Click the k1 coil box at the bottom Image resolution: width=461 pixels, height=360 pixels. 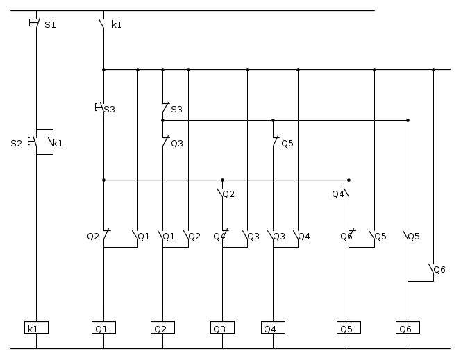click(36, 327)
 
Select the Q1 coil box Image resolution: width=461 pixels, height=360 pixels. click(103, 327)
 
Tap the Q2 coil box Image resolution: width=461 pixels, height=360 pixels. click(162, 327)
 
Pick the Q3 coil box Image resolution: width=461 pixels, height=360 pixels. click(222, 327)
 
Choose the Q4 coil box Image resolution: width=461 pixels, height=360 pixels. click(273, 327)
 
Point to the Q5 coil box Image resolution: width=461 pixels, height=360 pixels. click(349, 327)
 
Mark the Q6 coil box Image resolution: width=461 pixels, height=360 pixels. click(408, 327)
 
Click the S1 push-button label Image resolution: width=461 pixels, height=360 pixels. click(50, 25)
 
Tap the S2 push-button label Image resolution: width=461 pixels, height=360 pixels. click(17, 144)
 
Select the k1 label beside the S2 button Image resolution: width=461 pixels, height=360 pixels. click(58, 144)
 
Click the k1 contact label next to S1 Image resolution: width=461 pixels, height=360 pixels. click(117, 25)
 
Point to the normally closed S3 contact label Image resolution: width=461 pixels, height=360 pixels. click(177, 109)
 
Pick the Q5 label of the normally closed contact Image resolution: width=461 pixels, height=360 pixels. click(287, 144)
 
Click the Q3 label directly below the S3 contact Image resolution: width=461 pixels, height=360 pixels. click(177, 144)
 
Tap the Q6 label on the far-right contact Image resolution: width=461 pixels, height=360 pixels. click(439, 270)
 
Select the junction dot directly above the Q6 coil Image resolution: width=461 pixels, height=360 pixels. click(408, 121)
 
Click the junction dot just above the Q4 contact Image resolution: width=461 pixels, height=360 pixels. click(349, 180)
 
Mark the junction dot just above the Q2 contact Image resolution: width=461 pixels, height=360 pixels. click(222, 180)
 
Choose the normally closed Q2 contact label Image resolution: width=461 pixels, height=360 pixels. click(93, 236)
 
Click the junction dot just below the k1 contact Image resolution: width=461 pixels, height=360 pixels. click(103, 70)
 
